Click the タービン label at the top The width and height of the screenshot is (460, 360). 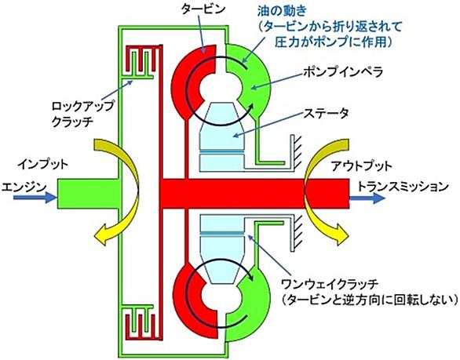tap(203, 9)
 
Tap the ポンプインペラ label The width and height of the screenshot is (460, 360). tap(343, 72)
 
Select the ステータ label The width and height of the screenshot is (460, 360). tap(326, 113)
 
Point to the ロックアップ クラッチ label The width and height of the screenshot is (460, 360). tap(82, 114)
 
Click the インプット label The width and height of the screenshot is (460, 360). tap(43, 164)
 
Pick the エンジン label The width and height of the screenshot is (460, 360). tap(24, 187)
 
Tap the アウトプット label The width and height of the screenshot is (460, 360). tap(362, 166)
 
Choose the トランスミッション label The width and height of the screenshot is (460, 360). tap(403, 186)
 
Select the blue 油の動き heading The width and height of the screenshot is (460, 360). tap(283, 11)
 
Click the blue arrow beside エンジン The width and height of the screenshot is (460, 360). tap(35, 198)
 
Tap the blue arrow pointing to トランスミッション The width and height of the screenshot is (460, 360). tap(367, 198)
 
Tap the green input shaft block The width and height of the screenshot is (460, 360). tap(87, 194)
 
